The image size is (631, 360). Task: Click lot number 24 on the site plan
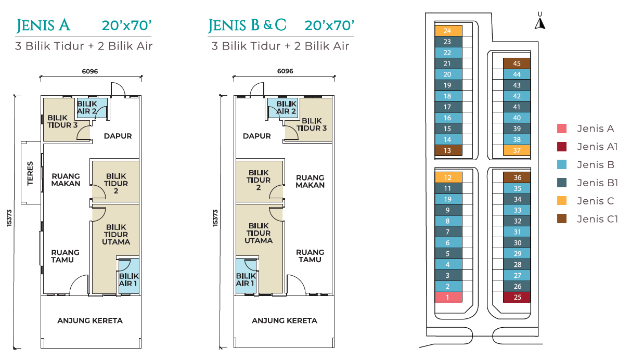click(x=448, y=31)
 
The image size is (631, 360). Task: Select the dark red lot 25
click(x=517, y=297)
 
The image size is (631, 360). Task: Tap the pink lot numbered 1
click(x=448, y=297)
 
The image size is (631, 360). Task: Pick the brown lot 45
click(x=517, y=63)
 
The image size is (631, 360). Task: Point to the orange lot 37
click(x=517, y=150)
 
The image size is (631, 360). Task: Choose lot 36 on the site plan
click(x=517, y=177)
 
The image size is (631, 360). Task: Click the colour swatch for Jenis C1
click(x=562, y=218)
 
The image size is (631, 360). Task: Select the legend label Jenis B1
click(x=597, y=183)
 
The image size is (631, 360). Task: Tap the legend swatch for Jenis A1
click(x=562, y=147)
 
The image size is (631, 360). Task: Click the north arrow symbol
click(x=540, y=23)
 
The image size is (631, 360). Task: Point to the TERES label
click(x=30, y=173)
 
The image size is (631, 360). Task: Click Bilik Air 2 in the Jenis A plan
click(x=87, y=107)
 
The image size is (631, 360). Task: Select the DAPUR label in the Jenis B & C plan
click(x=256, y=136)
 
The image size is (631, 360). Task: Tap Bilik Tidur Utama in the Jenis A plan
click(x=116, y=235)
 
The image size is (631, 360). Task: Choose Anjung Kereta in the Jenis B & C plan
click(x=285, y=320)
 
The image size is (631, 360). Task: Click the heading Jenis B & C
click(x=247, y=25)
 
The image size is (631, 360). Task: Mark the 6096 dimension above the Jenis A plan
click(x=90, y=71)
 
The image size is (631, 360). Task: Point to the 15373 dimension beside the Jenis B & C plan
click(x=215, y=218)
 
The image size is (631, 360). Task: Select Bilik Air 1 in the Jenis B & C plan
click(x=246, y=279)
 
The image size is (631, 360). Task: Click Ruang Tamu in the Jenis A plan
click(x=65, y=256)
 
